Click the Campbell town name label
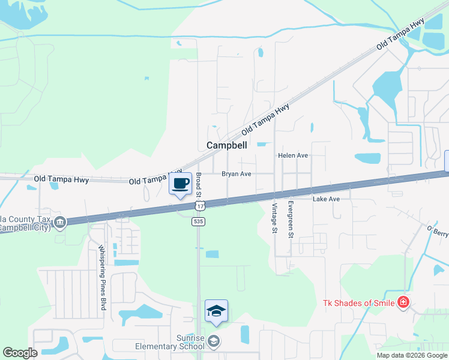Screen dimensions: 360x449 [228, 145]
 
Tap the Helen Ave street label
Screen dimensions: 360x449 [292, 155]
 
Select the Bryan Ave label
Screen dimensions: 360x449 [236, 174]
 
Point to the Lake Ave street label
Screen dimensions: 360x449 [326, 199]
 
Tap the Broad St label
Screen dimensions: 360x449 [199, 185]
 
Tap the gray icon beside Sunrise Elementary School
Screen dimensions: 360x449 [214, 342]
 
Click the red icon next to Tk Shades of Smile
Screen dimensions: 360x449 [403, 302]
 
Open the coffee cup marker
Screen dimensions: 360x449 [181, 184]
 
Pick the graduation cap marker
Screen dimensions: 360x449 [216, 311]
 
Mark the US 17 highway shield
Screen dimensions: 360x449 [198, 206]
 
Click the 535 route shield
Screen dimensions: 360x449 [198, 221]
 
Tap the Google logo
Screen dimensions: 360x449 [20, 353]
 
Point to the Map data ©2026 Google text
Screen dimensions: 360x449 [412, 355]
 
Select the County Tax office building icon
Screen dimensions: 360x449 [59, 223]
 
